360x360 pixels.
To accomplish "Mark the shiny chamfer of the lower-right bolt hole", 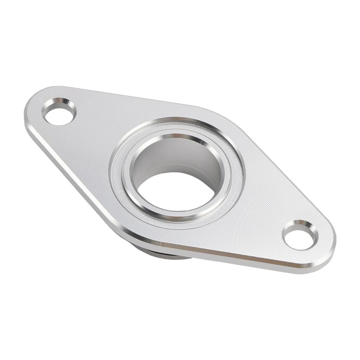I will click(306, 227).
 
